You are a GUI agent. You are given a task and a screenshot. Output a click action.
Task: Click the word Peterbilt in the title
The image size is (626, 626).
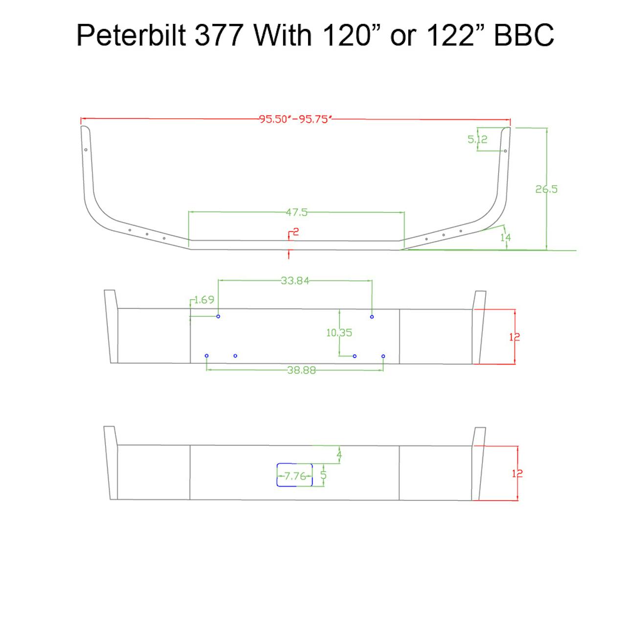tap(131, 35)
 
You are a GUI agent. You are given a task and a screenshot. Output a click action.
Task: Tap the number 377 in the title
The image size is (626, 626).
tap(219, 35)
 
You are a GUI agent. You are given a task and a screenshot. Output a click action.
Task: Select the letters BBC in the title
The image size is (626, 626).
tap(524, 35)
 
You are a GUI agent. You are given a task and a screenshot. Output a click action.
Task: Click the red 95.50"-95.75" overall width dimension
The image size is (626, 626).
tap(295, 119)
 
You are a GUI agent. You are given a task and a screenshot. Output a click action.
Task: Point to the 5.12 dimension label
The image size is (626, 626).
tap(477, 139)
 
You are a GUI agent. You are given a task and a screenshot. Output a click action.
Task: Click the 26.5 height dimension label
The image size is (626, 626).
tap(546, 189)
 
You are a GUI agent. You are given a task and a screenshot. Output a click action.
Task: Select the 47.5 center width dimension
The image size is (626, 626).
tap(296, 212)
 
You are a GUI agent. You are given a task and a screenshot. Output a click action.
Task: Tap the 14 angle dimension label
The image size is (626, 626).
tap(506, 238)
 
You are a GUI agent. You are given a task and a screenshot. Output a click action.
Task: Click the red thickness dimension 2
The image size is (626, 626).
tap(295, 232)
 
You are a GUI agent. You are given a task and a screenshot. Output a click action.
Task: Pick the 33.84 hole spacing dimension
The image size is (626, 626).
tap(295, 280)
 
